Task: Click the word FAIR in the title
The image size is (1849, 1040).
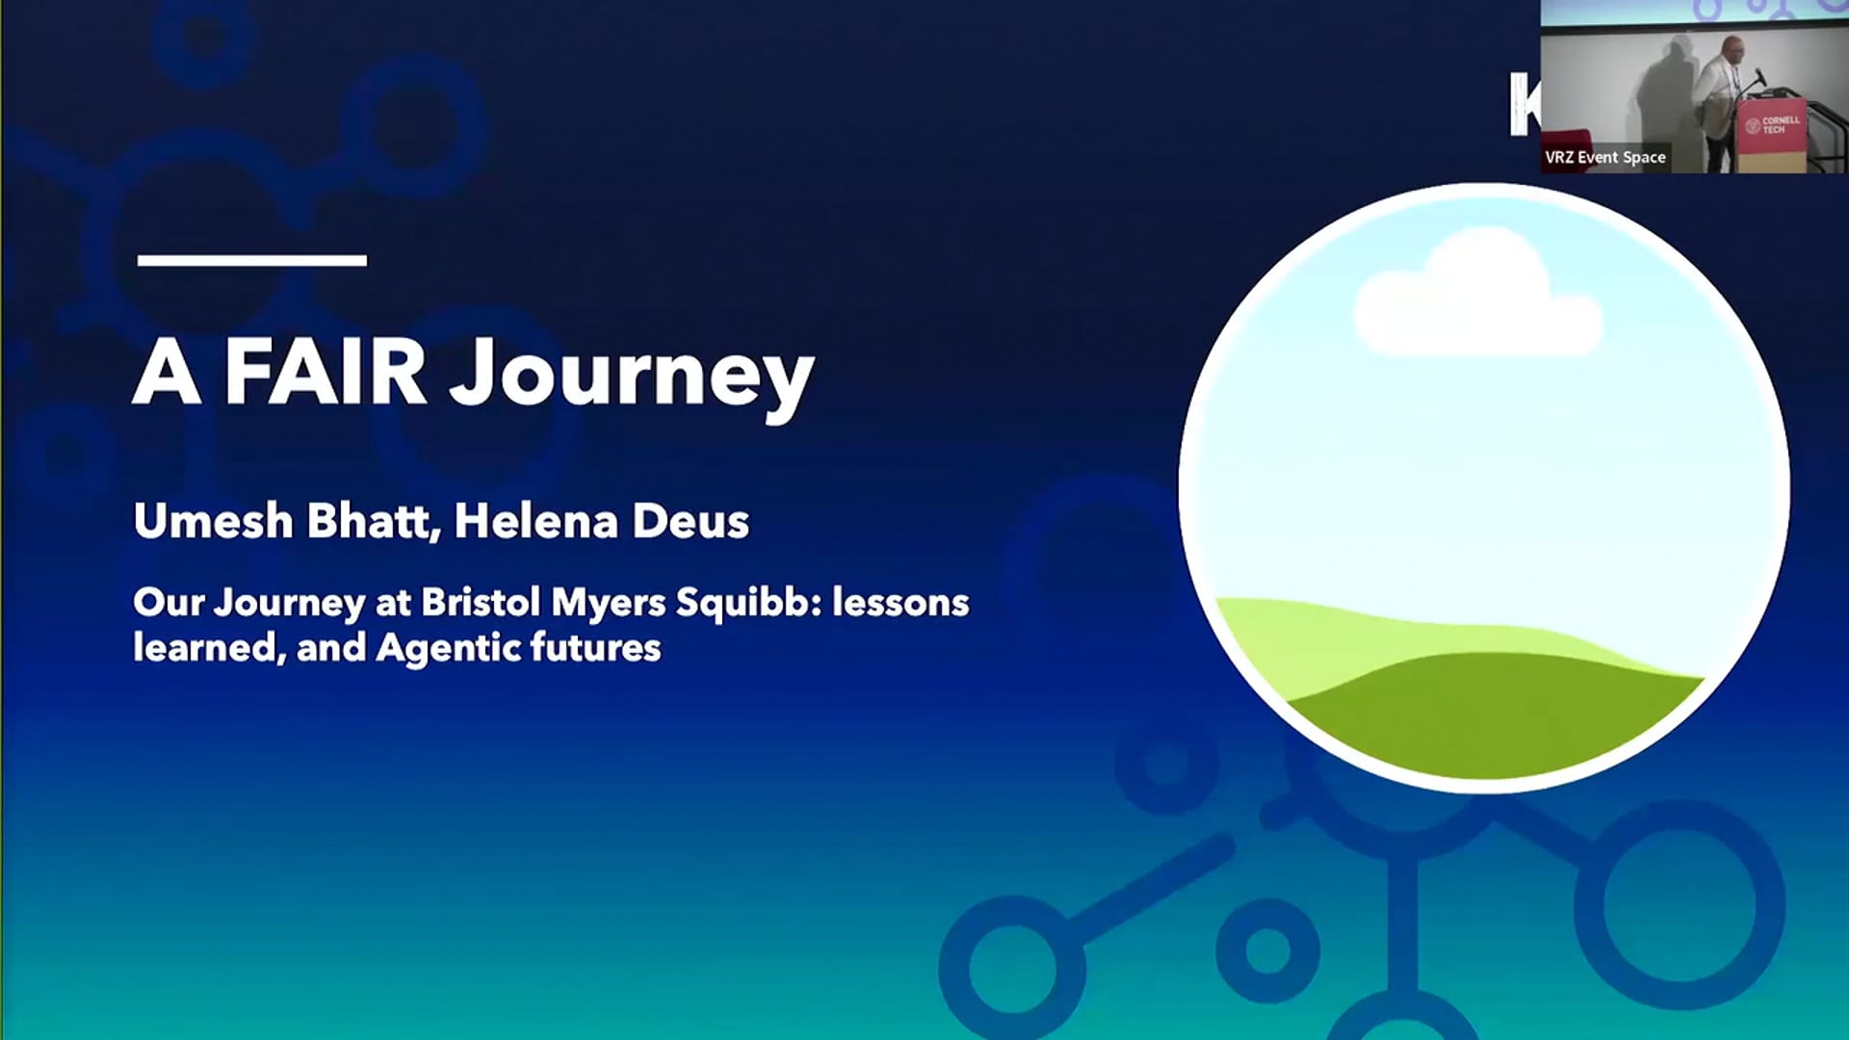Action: click(326, 373)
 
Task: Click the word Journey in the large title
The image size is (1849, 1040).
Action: click(632, 376)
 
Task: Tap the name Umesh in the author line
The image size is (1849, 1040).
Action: click(213, 521)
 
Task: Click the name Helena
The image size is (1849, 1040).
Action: click(535, 521)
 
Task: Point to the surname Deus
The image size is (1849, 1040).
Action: click(690, 521)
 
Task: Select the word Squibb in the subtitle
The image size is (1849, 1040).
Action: click(747, 603)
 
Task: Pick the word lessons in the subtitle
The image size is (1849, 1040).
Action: click(900, 603)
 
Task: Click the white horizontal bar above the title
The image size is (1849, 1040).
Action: click(251, 260)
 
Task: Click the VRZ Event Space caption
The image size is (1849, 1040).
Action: click(1604, 157)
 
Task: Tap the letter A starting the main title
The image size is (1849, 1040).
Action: click(167, 374)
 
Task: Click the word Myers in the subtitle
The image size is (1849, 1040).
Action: click(608, 604)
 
